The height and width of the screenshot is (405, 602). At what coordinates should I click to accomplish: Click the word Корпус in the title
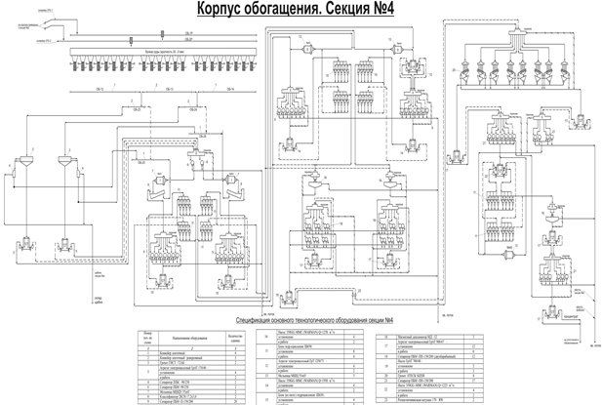[225, 9]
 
